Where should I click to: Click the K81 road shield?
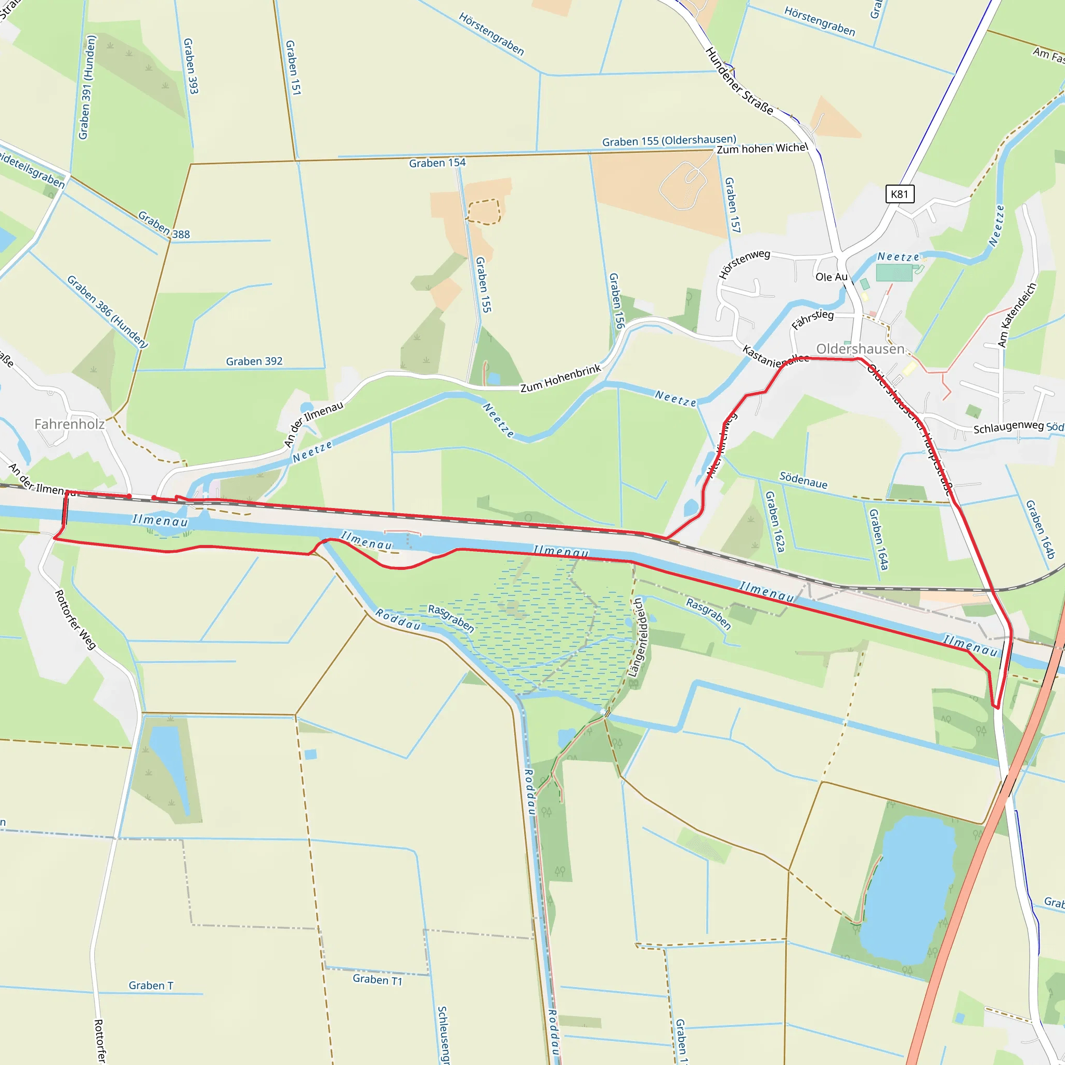click(x=899, y=194)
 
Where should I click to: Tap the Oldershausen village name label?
click(x=860, y=349)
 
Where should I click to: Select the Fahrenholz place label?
click(x=70, y=424)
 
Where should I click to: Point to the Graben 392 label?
click(x=254, y=361)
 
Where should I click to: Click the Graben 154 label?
click(x=437, y=163)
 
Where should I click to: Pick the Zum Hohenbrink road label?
click(x=560, y=378)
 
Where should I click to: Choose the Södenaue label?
click(x=803, y=480)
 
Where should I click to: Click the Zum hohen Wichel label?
click(x=762, y=149)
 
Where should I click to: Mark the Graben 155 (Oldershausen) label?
click(x=669, y=140)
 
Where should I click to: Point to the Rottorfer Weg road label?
click(x=75, y=619)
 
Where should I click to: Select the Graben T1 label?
click(x=378, y=980)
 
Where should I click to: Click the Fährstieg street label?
click(x=813, y=319)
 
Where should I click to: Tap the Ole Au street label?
click(x=832, y=277)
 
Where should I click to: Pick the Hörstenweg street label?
click(x=744, y=264)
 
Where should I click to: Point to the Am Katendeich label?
click(x=1017, y=315)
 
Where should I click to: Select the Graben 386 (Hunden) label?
click(x=108, y=311)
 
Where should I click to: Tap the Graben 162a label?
click(x=774, y=522)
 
